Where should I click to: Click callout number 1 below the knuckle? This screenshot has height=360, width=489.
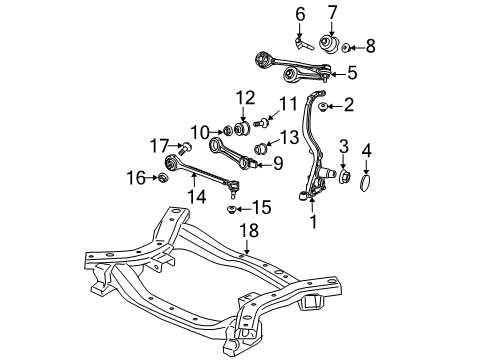coord(314,225)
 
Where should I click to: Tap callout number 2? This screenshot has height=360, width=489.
coord(350,104)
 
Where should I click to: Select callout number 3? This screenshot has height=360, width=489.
coord(344,149)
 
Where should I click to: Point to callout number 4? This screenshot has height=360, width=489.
coord(366,152)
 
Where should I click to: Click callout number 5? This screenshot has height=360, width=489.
coord(353,72)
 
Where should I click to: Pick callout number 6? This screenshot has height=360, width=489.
coord(299,14)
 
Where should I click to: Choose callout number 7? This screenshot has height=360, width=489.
coord(331,13)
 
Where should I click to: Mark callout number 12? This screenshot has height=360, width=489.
coord(246,97)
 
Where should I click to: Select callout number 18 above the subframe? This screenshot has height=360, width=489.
coord(249,259)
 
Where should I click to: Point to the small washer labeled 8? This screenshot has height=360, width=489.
coord(346,47)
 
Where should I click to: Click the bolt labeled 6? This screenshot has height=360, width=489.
coord(301,41)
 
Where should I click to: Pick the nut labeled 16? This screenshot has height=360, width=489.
coord(160,179)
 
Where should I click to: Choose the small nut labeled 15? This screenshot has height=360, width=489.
coord(231,210)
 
